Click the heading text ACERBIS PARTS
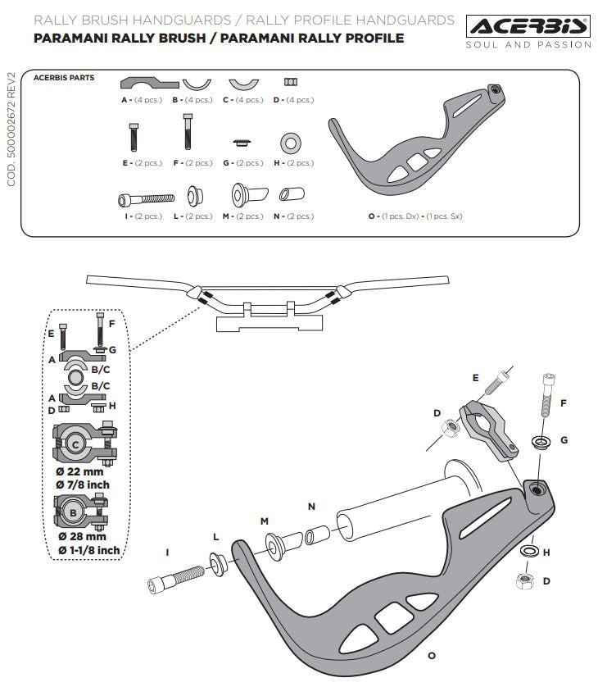click(64, 78)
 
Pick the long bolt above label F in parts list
click(188, 131)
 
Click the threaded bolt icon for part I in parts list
click(147, 198)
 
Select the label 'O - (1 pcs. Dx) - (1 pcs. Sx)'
click(422, 216)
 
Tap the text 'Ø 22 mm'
click(81, 472)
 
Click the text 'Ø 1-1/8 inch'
click(85, 549)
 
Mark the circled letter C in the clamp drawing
click(75, 444)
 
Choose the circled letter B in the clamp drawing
click(73, 512)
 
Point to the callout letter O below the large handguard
click(432, 656)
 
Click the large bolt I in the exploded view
click(175, 575)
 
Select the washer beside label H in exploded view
click(528, 548)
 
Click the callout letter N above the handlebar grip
click(311, 507)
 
